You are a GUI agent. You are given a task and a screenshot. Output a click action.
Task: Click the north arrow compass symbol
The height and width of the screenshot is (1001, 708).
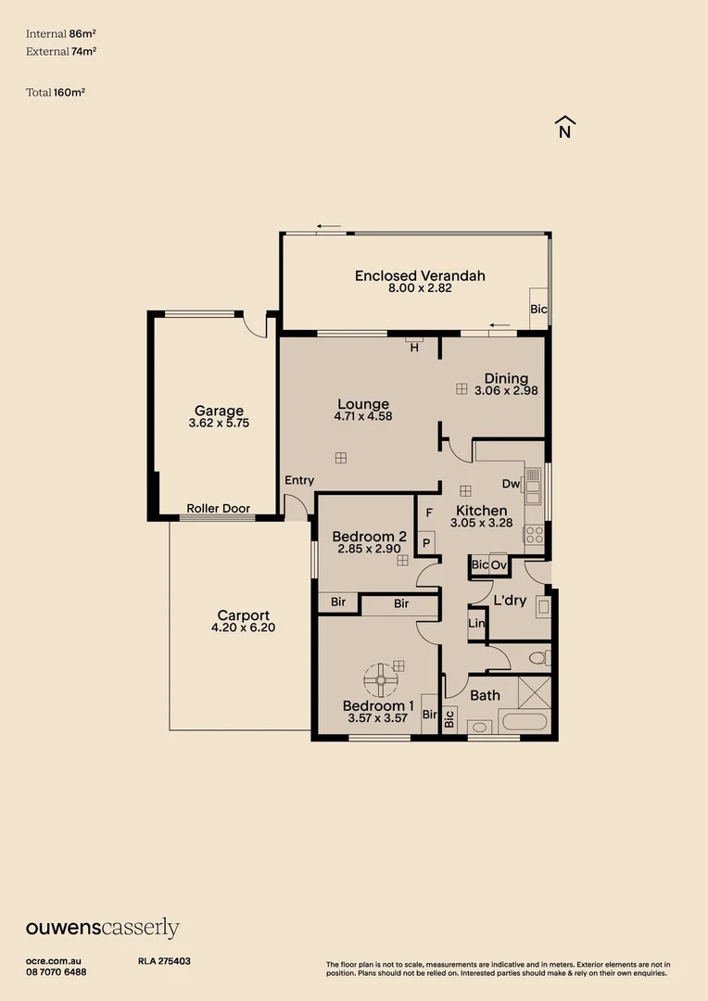point(564,127)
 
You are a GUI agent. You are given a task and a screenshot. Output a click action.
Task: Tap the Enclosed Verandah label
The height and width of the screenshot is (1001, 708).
point(420,275)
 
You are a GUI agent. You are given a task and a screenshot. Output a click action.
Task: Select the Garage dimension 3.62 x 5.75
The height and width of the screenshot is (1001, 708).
point(218,423)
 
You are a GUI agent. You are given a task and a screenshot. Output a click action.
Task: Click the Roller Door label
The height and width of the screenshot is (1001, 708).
point(218,509)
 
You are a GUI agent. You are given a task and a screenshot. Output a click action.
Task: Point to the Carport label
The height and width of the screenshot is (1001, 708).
point(243,615)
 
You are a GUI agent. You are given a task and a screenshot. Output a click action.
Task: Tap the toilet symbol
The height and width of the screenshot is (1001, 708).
point(537,658)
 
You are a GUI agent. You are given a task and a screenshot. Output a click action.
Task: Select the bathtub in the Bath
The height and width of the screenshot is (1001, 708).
point(524,723)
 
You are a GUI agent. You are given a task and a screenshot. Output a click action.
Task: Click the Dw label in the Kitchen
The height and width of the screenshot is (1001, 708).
point(511,484)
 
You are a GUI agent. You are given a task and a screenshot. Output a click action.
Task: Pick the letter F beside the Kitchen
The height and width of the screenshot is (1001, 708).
point(429,513)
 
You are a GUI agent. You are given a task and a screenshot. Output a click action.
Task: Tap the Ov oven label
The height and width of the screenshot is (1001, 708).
point(499,565)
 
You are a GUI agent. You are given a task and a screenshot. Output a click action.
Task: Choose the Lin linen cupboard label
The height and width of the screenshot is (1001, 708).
point(476,624)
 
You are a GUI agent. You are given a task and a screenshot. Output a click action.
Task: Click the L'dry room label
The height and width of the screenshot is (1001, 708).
point(510,601)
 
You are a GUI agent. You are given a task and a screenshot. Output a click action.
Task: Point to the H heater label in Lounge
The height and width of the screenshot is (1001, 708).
point(414,348)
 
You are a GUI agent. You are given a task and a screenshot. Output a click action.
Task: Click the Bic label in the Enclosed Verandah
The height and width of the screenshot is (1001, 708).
point(537,309)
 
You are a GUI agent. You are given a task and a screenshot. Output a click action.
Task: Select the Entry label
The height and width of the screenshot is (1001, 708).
point(299,480)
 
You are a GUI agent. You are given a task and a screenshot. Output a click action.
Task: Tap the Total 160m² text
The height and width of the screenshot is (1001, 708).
point(56,92)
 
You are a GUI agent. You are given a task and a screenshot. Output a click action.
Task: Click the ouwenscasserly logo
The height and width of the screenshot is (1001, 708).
point(102,929)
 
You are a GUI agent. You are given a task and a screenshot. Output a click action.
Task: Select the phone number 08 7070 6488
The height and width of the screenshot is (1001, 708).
point(57,971)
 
